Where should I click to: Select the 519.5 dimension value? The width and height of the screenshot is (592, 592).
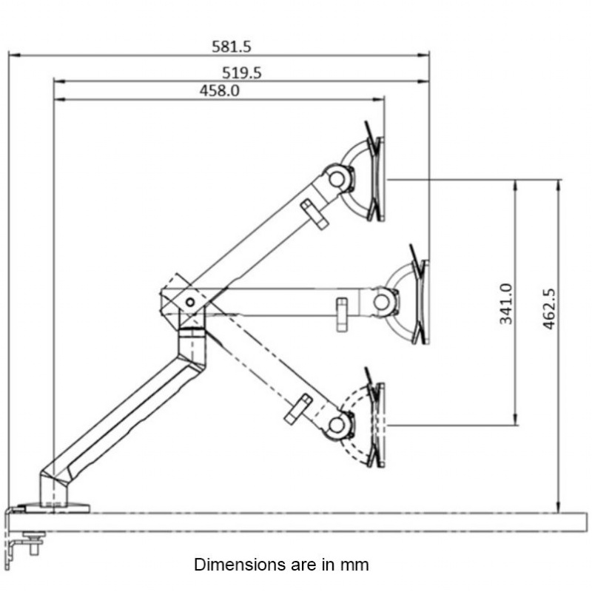242,73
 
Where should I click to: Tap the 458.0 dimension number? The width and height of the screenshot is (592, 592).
220,90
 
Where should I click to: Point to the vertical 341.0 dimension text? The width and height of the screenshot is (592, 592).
506,303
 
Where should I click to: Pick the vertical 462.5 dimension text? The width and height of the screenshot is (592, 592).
549,309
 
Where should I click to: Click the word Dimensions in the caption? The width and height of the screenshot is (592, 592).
235,565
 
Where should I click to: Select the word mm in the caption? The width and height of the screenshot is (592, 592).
354,565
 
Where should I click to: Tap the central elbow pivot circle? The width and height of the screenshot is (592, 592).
190,301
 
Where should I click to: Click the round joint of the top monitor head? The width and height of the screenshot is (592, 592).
337,178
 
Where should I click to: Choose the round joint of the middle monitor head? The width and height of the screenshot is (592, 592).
382,301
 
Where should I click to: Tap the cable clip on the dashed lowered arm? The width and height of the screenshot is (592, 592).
297,409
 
